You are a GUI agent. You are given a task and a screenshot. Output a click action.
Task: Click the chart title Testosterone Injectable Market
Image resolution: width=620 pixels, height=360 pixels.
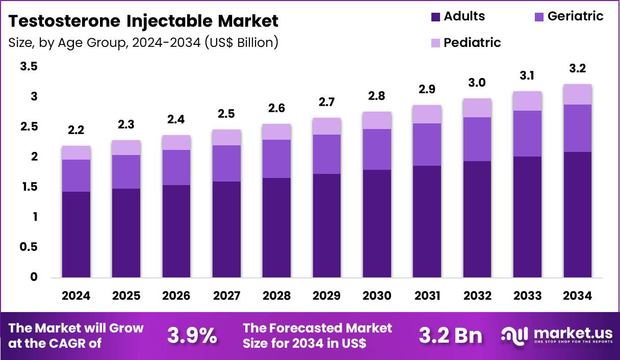(143, 21)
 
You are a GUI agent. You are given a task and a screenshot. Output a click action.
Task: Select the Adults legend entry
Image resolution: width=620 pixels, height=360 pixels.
(464, 16)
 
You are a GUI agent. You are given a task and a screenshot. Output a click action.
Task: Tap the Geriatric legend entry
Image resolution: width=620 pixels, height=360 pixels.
(575, 16)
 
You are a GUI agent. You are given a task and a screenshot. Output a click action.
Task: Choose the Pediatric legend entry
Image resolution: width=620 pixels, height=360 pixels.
(472, 43)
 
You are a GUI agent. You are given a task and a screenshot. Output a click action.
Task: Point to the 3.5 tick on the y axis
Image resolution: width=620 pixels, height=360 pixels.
(29, 67)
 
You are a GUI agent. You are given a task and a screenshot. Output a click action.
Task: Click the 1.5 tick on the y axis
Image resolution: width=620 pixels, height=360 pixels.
(29, 187)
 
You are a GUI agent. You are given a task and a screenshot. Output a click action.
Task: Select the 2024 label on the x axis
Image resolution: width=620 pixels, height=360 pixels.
(76, 296)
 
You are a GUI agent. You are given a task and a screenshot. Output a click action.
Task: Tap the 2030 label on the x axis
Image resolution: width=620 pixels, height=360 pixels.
(377, 296)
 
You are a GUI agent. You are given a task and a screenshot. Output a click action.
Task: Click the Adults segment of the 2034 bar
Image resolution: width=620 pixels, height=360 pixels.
(578, 214)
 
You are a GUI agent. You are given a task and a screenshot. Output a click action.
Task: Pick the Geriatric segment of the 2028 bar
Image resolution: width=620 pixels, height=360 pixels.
(277, 159)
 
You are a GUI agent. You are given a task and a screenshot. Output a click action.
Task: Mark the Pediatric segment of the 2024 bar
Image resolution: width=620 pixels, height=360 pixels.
(76, 152)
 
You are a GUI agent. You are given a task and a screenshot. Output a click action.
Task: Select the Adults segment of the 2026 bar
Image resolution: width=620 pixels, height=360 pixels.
(176, 231)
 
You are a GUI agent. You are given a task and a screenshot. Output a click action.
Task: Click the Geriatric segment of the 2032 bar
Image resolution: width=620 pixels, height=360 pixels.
(477, 139)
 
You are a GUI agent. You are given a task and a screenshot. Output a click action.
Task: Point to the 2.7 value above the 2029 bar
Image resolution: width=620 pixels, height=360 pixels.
(327, 102)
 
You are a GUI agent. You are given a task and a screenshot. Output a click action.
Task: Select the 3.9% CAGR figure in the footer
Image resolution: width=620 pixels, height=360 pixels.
(192, 336)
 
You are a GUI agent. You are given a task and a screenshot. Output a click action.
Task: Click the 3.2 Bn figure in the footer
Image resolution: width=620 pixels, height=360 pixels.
(450, 336)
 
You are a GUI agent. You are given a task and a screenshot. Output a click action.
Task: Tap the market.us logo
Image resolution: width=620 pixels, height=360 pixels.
(556, 336)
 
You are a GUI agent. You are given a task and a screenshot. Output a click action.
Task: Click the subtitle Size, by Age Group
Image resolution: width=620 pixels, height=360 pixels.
(143, 42)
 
